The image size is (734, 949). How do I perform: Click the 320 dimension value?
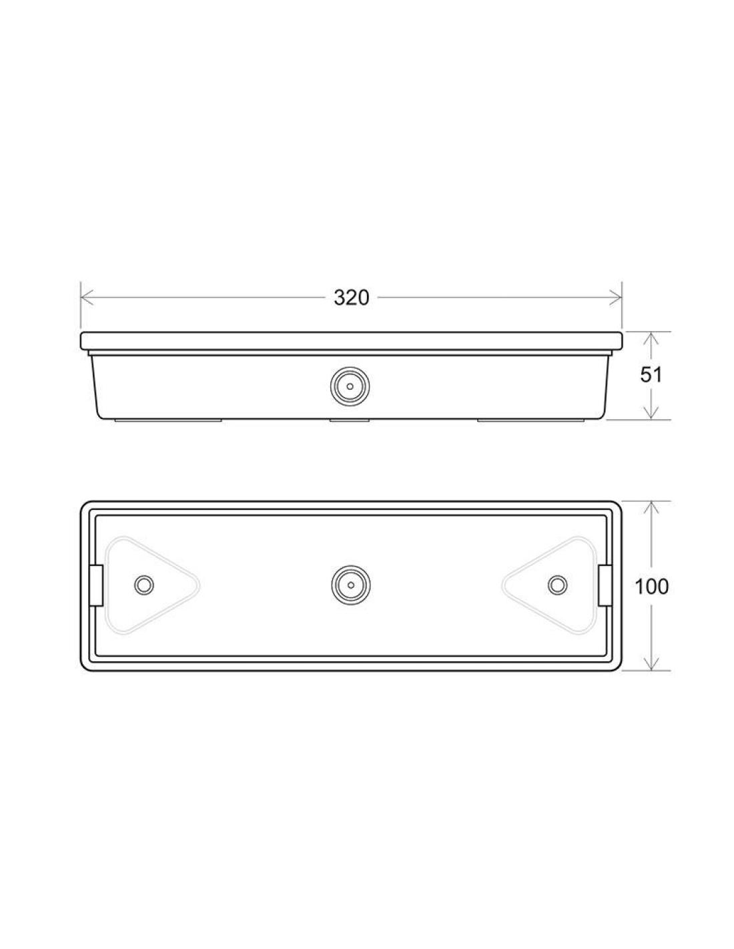point(351,298)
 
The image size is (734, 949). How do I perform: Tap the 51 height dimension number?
point(651,374)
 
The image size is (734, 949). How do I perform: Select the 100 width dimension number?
point(651,587)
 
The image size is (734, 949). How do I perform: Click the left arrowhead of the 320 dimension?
point(87,298)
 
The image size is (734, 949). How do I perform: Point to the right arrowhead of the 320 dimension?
point(617,298)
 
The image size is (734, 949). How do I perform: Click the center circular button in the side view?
point(350,386)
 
